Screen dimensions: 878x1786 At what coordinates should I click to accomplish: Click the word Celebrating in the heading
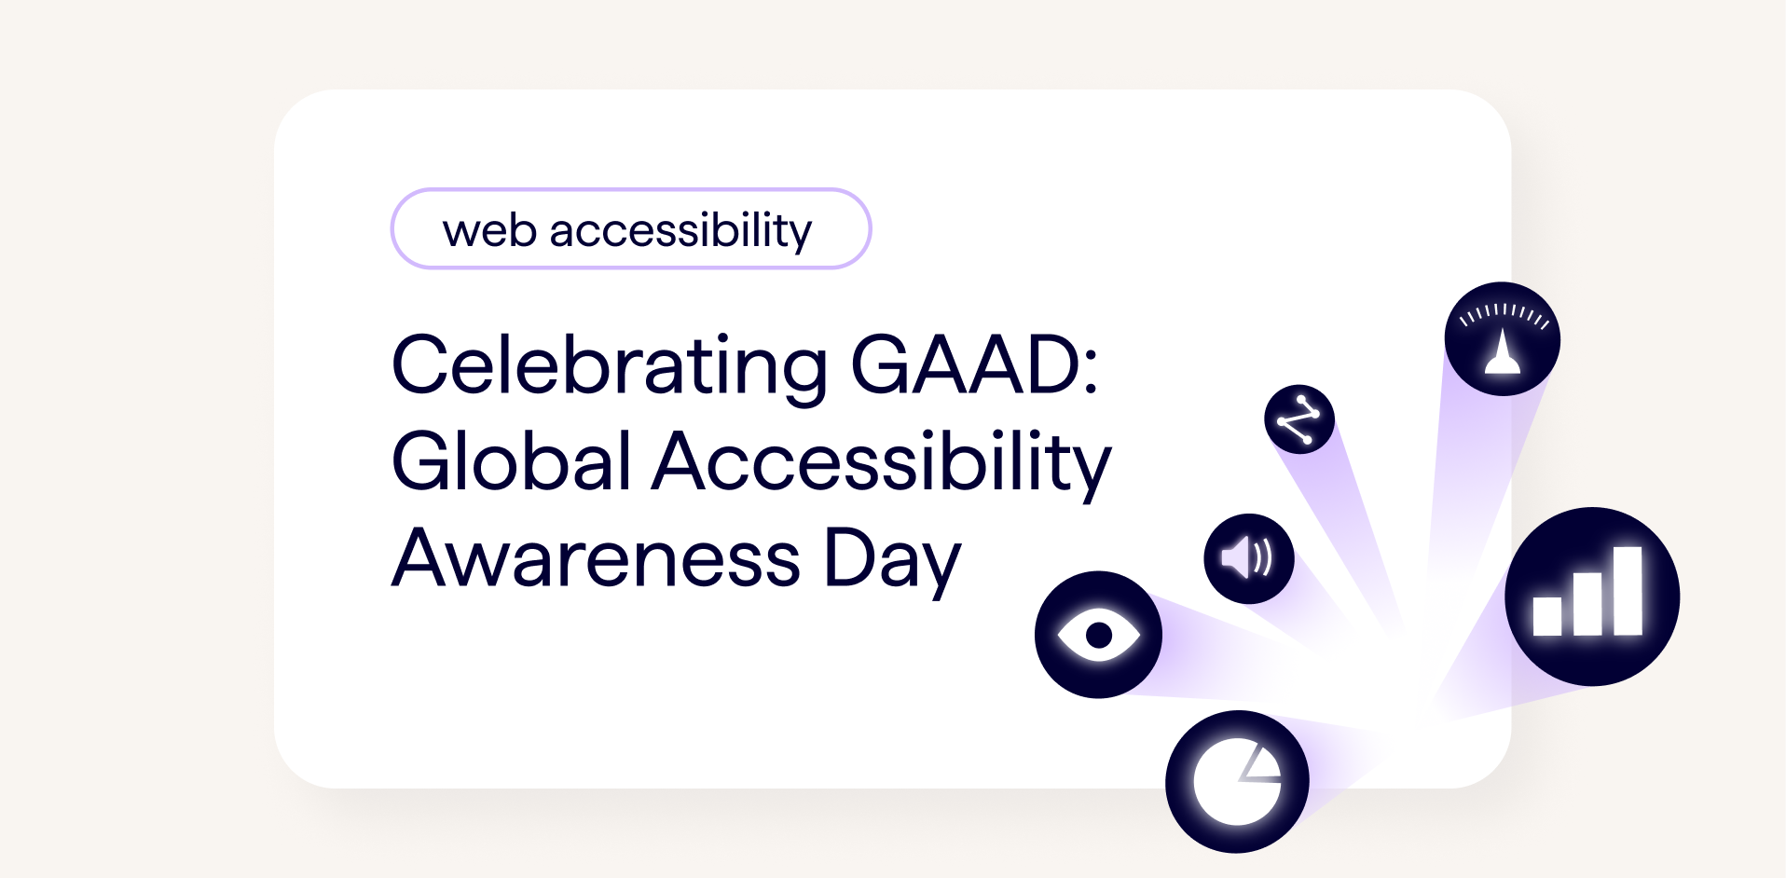tap(608, 365)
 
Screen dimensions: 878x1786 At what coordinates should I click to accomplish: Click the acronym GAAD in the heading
tap(964, 365)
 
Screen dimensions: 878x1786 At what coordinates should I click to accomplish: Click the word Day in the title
tap(892, 559)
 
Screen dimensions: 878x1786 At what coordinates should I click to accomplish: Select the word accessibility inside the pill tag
tap(680, 230)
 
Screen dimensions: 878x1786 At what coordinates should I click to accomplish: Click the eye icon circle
tap(1098, 635)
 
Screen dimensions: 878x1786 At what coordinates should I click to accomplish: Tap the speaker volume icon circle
tap(1248, 558)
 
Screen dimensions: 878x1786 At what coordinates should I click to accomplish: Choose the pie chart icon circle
tap(1236, 781)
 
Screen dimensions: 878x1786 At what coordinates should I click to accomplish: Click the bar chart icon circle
tap(1591, 597)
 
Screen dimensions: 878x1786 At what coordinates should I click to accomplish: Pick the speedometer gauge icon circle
tap(1502, 339)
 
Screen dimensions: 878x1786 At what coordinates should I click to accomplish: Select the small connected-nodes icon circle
tap(1298, 419)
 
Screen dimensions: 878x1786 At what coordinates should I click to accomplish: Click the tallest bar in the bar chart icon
tap(1628, 591)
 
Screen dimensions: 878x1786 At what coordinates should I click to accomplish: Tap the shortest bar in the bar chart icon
tap(1547, 615)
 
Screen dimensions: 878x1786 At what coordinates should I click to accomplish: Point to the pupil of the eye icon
tap(1099, 635)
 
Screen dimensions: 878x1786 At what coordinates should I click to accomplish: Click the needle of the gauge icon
tap(1502, 352)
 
